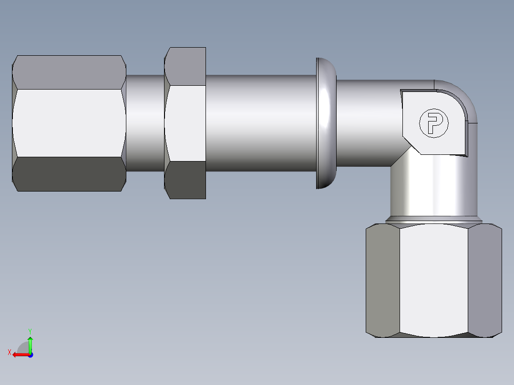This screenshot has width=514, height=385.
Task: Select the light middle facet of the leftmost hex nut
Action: coord(69,122)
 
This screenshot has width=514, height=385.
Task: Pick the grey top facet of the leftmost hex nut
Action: coord(69,72)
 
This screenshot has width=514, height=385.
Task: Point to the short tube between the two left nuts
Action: coord(145,122)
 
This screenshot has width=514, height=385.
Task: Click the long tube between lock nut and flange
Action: coord(260,122)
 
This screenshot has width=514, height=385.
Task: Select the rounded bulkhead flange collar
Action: coord(326,123)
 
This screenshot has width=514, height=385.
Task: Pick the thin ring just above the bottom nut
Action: coord(433,221)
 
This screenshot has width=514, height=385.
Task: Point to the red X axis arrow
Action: coord(19,355)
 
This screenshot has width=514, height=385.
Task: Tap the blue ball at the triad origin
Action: coord(30,355)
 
